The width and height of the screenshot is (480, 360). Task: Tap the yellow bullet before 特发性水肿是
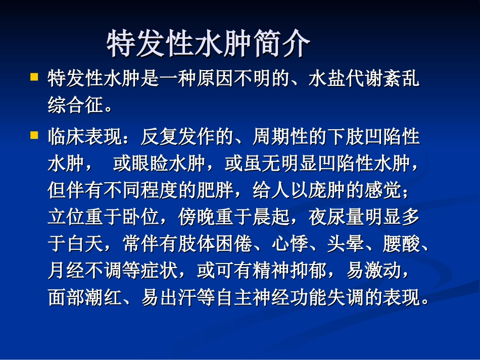(x=34, y=77)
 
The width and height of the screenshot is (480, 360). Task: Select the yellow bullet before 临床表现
(x=34, y=135)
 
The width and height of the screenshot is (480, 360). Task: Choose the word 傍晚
(x=197, y=218)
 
